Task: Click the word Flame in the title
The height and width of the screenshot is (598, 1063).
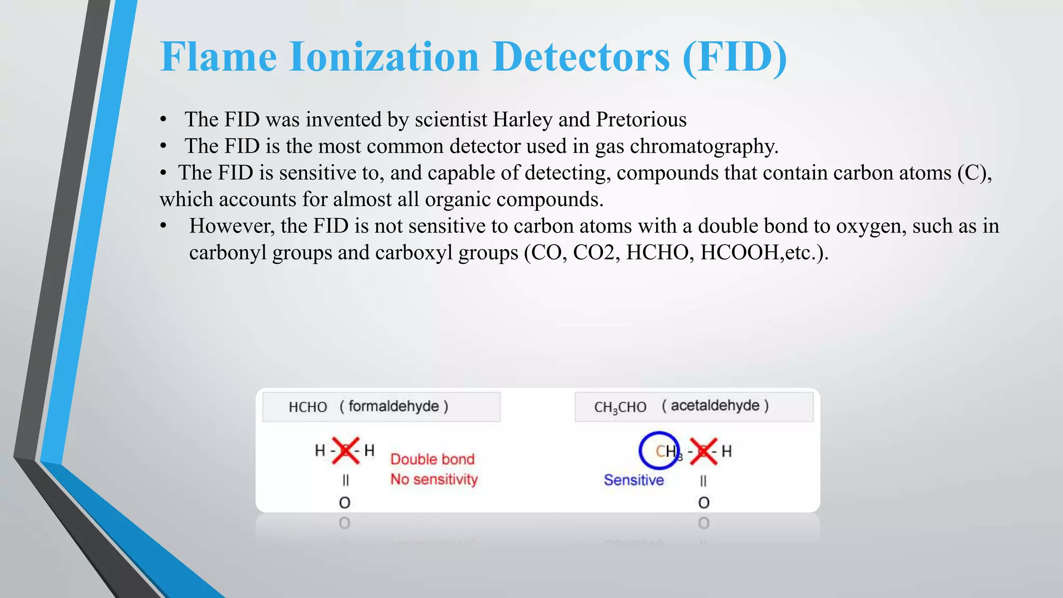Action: [x=219, y=57]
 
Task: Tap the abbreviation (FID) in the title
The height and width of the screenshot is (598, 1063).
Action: [x=734, y=57]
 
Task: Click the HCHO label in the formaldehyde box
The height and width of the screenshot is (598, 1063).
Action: [x=308, y=407]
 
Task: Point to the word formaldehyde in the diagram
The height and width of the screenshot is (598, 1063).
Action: [x=393, y=406]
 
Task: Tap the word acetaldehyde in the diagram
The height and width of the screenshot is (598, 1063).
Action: [x=715, y=405]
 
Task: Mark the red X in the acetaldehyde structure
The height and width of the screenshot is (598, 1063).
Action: [x=704, y=451]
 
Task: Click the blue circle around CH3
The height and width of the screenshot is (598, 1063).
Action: [x=659, y=451]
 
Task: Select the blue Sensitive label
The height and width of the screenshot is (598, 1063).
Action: [x=634, y=480]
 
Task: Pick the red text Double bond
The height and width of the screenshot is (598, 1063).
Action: [x=432, y=459]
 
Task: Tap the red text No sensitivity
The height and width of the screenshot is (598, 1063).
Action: [x=434, y=479]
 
